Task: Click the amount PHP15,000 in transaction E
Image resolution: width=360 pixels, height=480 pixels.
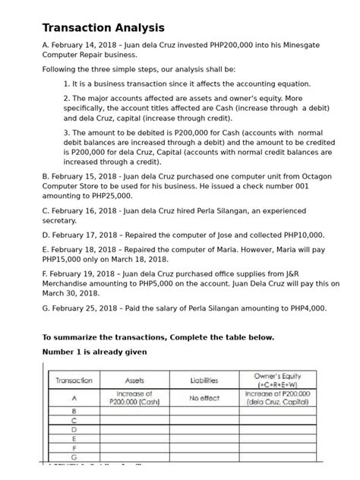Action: coord(66,259)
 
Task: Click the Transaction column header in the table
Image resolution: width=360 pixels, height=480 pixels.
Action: coord(74,380)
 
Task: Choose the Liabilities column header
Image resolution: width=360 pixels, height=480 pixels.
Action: coord(204,380)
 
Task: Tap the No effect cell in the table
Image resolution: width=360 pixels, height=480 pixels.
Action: coord(204,398)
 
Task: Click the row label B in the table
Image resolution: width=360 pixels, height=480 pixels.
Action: coord(74,411)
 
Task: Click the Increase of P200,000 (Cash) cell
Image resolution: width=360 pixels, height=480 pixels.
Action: coord(134,398)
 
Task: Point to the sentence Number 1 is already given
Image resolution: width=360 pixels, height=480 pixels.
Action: coord(94,352)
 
